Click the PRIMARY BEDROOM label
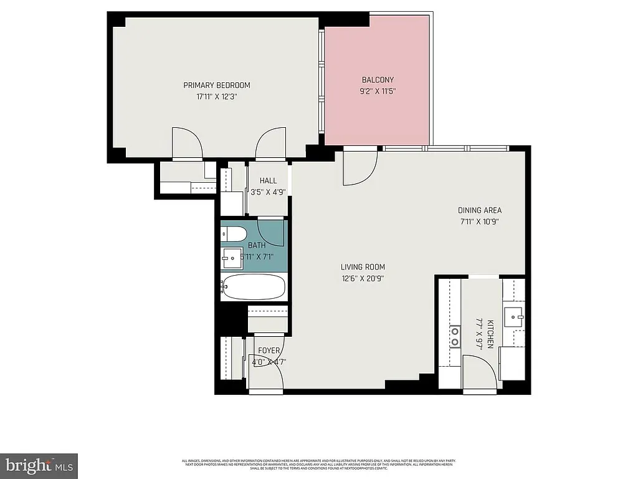(x=216, y=85)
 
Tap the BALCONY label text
(x=378, y=80)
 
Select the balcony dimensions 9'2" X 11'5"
(x=378, y=91)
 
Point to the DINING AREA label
(x=480, y=210)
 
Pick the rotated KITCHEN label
(x=491, y=334)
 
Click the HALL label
(x=268, y=181)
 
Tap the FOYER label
(x=269, y=351)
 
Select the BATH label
(x=257, y=246)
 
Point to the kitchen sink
(x=515, y=317)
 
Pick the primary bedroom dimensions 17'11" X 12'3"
(x=216, y=97)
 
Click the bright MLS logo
(x=39, y=465)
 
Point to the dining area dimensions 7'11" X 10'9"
(x=480, y=221)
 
